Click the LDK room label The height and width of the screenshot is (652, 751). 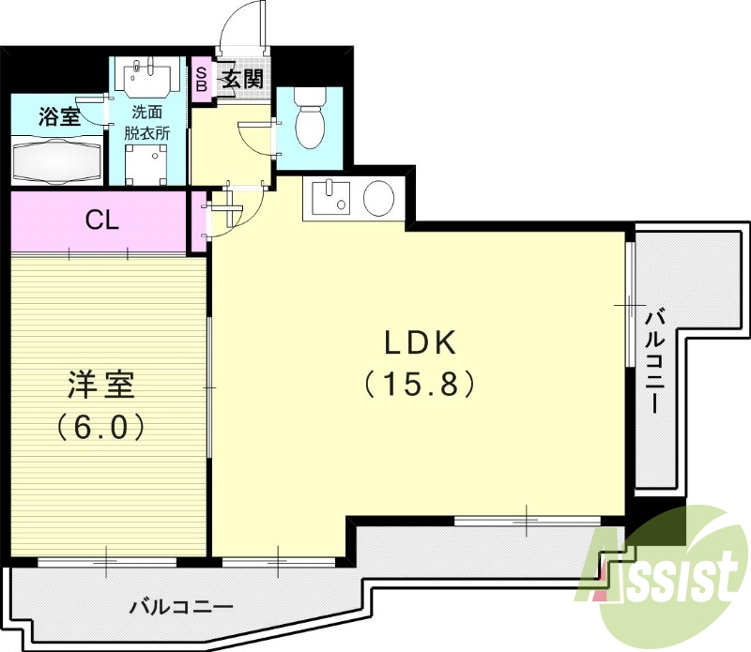(x=419, y=343)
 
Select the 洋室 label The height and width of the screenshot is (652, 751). (x=100, y=386)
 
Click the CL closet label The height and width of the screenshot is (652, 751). (x=101, y=220)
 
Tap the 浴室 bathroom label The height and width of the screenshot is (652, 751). (x=58, y=117)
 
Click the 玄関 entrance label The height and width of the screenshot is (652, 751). (x=241, y=80)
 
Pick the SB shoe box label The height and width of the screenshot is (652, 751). (x=201, y=79)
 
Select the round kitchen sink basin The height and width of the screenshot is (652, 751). (x=378, y=198)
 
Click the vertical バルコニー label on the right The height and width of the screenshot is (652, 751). (x=656, y=360)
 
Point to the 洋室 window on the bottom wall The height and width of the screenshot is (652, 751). (x=105, y=562)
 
